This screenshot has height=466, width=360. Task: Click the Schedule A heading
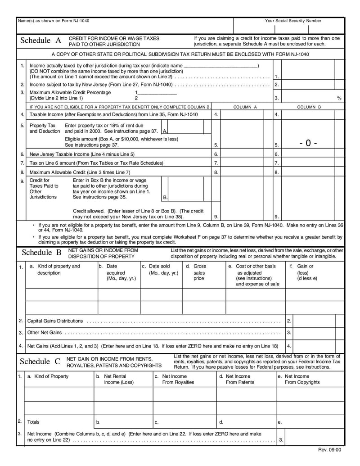41,41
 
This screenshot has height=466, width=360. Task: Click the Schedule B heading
41,253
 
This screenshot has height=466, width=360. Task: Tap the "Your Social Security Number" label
293,21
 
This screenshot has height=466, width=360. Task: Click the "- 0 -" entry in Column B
308,143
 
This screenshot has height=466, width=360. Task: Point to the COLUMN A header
245,107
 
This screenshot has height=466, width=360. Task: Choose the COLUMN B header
309,107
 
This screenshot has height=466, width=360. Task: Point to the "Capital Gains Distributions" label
55,321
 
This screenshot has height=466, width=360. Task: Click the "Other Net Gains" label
45,333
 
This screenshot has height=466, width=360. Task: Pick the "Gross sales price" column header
199,272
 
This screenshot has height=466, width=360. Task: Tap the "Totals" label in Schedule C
33,422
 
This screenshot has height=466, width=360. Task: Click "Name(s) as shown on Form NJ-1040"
50,21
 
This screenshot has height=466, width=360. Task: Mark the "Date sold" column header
159,269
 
